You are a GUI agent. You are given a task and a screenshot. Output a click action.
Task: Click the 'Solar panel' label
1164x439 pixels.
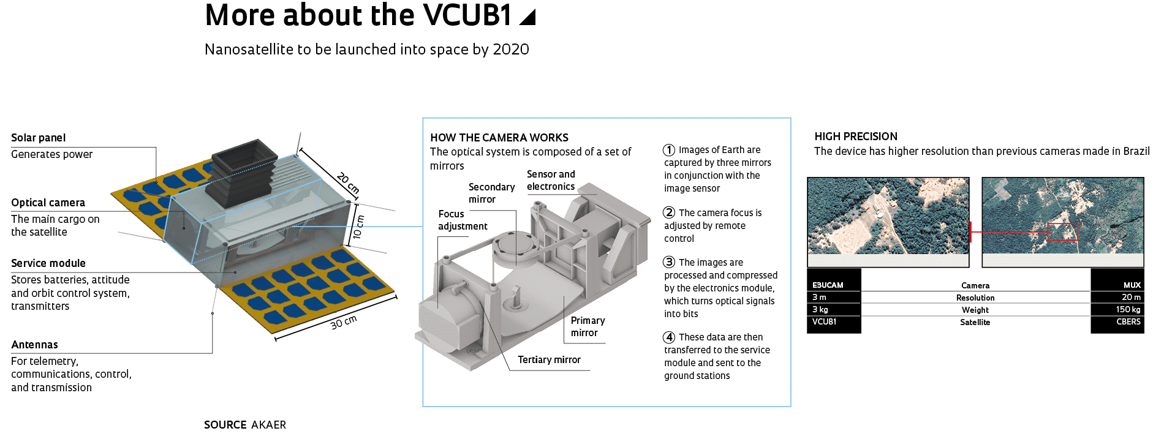point(38,138)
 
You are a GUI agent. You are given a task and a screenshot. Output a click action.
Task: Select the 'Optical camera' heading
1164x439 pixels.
point(48,203)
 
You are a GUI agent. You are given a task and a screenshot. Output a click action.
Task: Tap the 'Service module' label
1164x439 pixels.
point(48,263)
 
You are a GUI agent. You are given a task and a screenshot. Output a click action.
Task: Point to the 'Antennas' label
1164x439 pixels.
point(34,345)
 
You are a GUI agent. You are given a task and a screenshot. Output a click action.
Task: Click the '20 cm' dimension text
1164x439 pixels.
point(348,183)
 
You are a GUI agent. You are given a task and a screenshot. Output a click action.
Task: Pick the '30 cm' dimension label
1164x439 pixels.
point(344,322)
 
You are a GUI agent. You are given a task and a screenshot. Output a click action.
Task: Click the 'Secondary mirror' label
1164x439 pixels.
point(491,193)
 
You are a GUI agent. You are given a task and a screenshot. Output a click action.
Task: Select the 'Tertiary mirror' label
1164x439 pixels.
point(549,359)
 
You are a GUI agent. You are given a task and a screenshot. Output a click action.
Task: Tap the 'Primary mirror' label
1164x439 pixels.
point(587,326)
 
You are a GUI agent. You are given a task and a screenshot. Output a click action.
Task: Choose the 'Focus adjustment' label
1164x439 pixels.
point(462,220)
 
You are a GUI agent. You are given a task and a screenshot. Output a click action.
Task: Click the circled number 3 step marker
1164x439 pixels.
point(669,262)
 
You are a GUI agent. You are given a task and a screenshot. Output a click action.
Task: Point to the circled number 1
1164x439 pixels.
point(669,150)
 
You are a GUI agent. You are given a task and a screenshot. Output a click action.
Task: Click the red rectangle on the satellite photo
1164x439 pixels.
point(1062,231)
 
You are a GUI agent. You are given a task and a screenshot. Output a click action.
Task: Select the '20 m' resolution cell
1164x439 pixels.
point(1131,297)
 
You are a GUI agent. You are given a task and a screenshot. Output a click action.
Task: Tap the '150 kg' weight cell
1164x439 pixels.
point(1128,309)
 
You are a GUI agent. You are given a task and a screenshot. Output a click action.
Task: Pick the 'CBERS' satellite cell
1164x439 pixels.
point(1128,321)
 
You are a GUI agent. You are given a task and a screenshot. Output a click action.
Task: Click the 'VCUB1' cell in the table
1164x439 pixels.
point(824,321)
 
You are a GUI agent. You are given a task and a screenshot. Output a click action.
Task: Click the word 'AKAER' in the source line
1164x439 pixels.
point(268,425)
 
